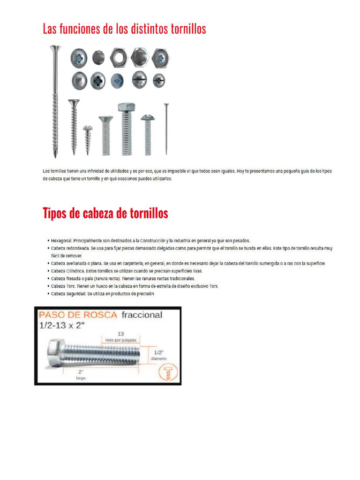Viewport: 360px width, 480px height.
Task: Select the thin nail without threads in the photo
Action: (166, 129)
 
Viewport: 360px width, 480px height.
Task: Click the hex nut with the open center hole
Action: (119, 58)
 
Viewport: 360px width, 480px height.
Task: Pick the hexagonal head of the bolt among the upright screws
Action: (126, 107)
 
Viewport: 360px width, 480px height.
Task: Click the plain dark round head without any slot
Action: (98, 58)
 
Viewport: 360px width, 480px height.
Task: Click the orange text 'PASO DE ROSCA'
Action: (78, 315)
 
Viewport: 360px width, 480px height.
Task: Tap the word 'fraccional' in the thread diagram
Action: (142, 315)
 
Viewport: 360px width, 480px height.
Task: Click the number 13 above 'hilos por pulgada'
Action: (120, 333)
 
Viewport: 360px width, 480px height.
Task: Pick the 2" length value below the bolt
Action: (81, 371)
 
